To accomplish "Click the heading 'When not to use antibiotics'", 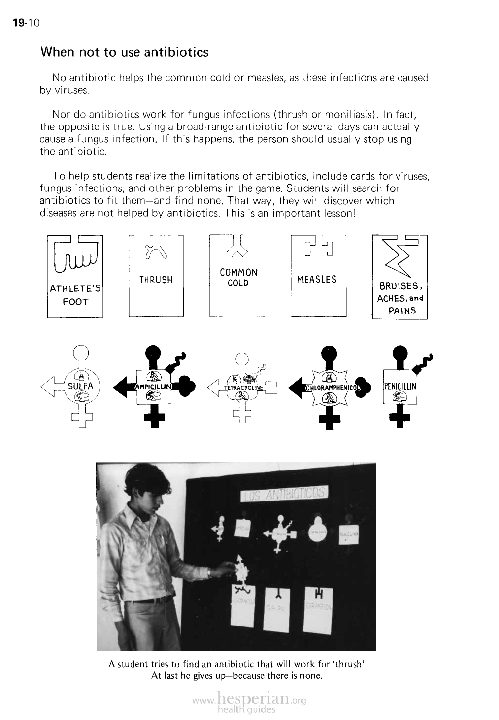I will point(124,52).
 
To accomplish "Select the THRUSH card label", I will point(156,280).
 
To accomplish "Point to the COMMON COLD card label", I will point(238,278).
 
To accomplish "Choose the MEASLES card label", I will point(317,280).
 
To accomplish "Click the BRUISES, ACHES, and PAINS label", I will point(399,298).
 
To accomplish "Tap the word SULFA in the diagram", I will point(80,386).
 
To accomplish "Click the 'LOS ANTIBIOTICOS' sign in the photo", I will point(284,494).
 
